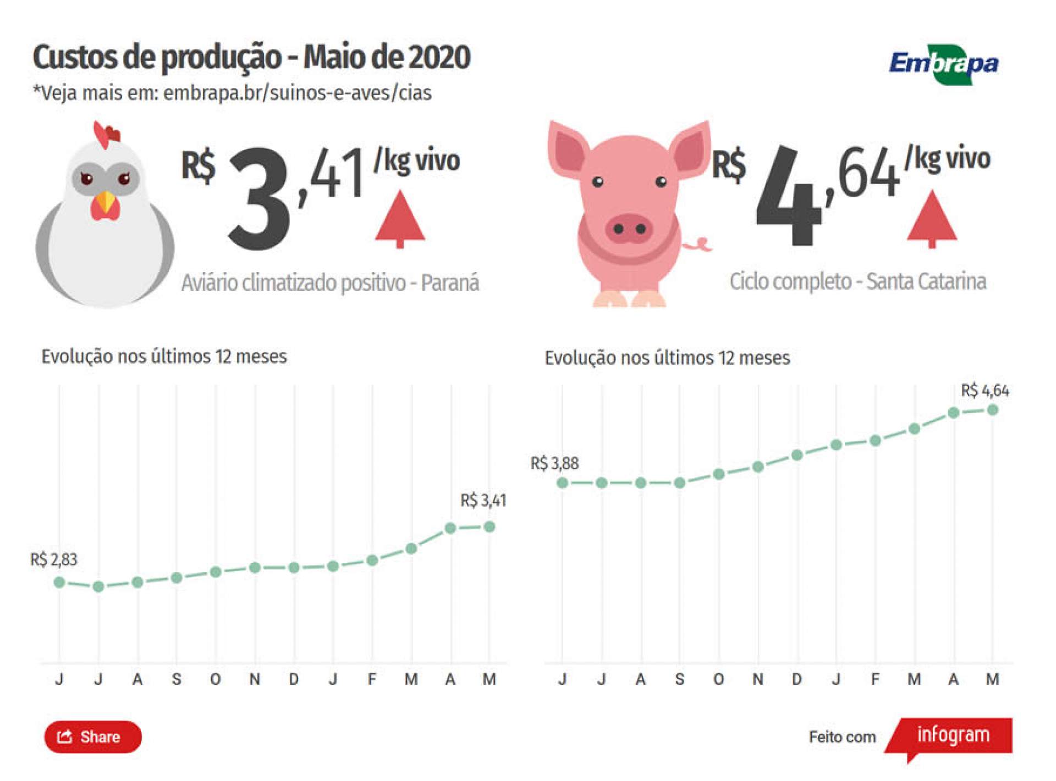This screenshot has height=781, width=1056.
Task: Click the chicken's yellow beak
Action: pyautogui.click(x=107, y=201)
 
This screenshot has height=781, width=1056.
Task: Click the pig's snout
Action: pyautogui.click(x=629, y=228)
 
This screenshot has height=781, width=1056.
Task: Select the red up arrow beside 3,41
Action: pyautogui.click(x=400, y=218)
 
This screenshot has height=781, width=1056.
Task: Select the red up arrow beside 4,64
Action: pyautogui.click(x=932, y=218)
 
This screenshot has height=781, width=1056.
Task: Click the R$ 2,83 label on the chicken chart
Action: pyautogui.click(x=54, y=560)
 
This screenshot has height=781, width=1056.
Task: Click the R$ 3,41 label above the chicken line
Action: pyautogui.click(x=483, y=500)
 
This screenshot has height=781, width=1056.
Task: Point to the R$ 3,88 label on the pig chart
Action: pyautogui.click(x=554, y=463)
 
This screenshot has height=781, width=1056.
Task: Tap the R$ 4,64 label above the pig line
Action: pyautogui.click(x=985, y=391)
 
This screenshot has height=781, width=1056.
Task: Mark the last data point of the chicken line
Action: pyautogui.click(x=489, y=527)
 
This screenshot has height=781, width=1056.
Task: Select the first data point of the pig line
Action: pyautogui.click(x=562, y=483)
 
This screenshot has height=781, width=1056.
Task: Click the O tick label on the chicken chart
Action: pyautogui.click(x=216, y=679)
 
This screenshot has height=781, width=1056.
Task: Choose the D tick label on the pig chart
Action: pyautogui.click(x=796, y=679)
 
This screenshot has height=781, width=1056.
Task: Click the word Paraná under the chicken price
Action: pyautogui.click(x=450, y=283)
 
